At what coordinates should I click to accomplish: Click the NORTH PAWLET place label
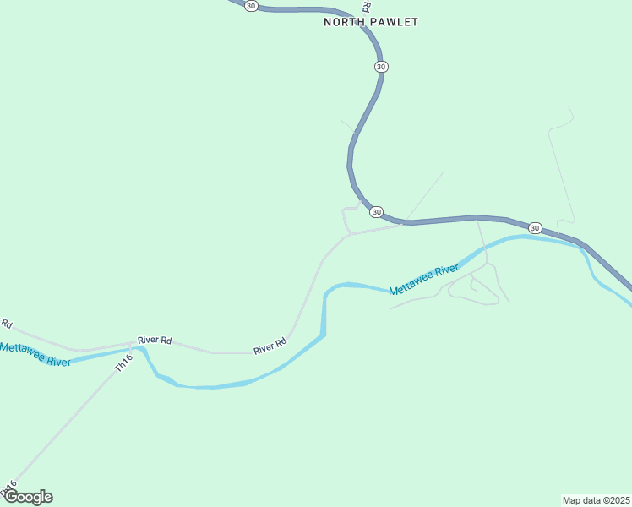point(371,22)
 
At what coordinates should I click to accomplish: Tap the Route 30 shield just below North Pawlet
point(382,66)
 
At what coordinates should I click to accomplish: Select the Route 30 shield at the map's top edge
point(251,5)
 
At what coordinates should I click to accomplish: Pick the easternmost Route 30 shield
point(535,228)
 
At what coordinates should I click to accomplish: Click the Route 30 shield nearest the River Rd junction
point(377,211)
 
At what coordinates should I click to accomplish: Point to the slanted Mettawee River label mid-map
point(423,281)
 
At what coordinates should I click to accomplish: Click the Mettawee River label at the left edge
point(34,354)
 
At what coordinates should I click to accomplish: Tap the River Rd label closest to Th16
point(155,340)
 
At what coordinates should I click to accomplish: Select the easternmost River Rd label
point(270,346)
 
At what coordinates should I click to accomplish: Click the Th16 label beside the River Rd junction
point(124,363)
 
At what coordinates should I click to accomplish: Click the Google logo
point(28,497)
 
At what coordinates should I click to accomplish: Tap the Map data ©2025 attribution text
point(596,499)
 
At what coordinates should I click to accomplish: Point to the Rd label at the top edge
point(366,5)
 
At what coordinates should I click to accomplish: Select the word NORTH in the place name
point(343,22)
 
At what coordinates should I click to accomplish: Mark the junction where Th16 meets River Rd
point(134,344)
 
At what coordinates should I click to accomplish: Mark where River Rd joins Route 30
point(406,223)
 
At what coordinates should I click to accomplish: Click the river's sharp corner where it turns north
point(323,335)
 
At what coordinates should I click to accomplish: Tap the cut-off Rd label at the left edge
point(7,324)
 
